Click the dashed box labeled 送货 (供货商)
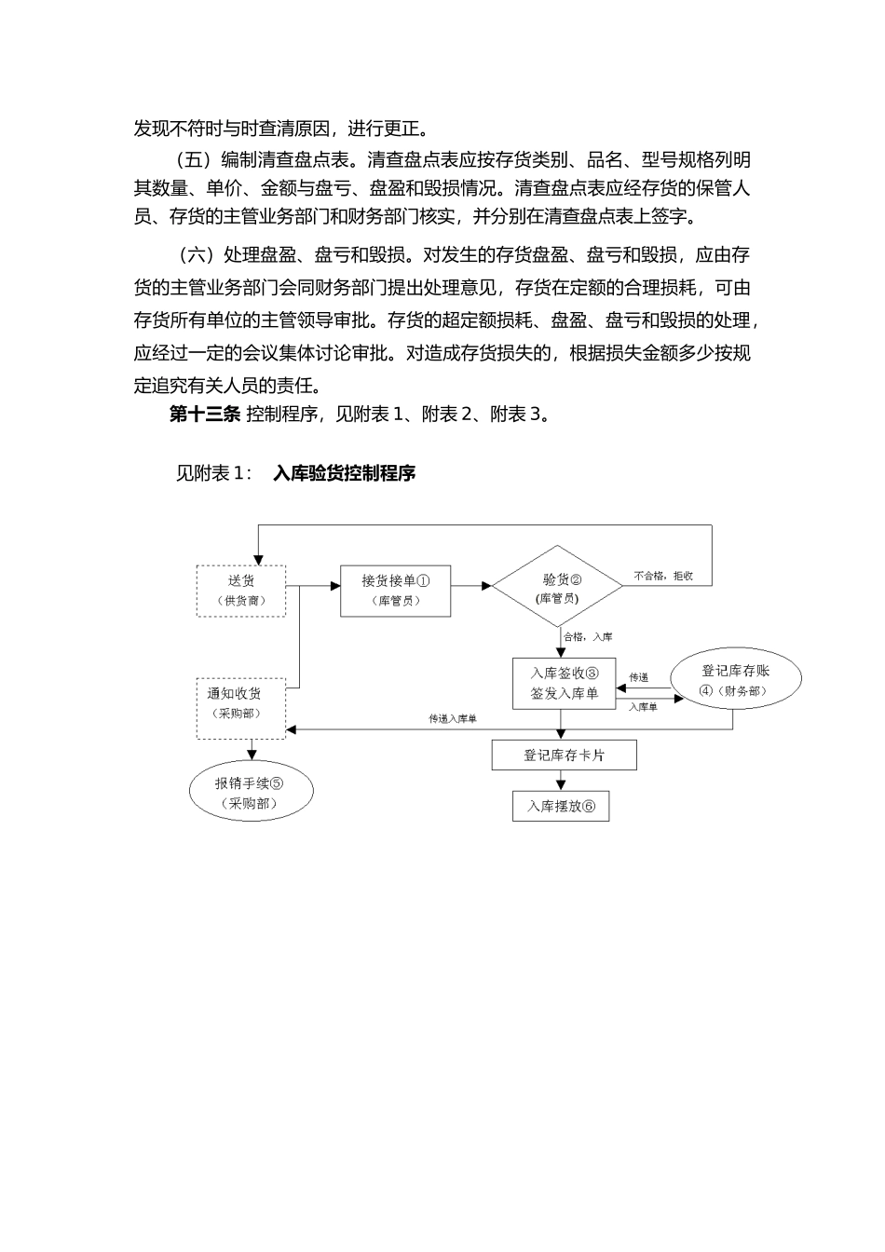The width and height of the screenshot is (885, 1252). click(x=241, y=591)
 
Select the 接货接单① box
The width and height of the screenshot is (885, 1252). click(x=395, y=591)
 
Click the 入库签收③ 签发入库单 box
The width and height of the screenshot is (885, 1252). click(x=564, y=683)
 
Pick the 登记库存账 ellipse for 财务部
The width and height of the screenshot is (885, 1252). click(x=736, y=681)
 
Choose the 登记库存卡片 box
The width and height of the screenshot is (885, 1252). click(x=564, y=755)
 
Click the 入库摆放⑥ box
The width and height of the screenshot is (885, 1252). click(x=561, y=806)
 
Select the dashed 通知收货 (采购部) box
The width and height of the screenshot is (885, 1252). click(x=241, y=708)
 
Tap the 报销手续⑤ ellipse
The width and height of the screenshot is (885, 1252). click(x=250, y=793)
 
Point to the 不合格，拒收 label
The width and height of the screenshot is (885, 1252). click(x=663, y=576)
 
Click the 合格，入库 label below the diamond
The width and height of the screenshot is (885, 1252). click(x=588, y=637)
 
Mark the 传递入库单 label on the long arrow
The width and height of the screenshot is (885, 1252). click(x=453, y=719)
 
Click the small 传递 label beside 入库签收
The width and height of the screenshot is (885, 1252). click(x=639, y=677)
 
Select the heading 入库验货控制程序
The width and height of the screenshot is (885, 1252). click(x=344, y=473)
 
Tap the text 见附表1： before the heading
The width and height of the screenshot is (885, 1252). click(x=213, y=473)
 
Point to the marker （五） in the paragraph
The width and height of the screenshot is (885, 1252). click(x=195, y=159)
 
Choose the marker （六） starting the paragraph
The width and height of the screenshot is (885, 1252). click(x=195, y=255)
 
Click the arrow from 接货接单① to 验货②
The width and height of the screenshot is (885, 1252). click(x=471, y=587)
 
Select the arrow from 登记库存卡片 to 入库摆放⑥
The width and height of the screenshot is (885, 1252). click(x=561, y=781)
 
